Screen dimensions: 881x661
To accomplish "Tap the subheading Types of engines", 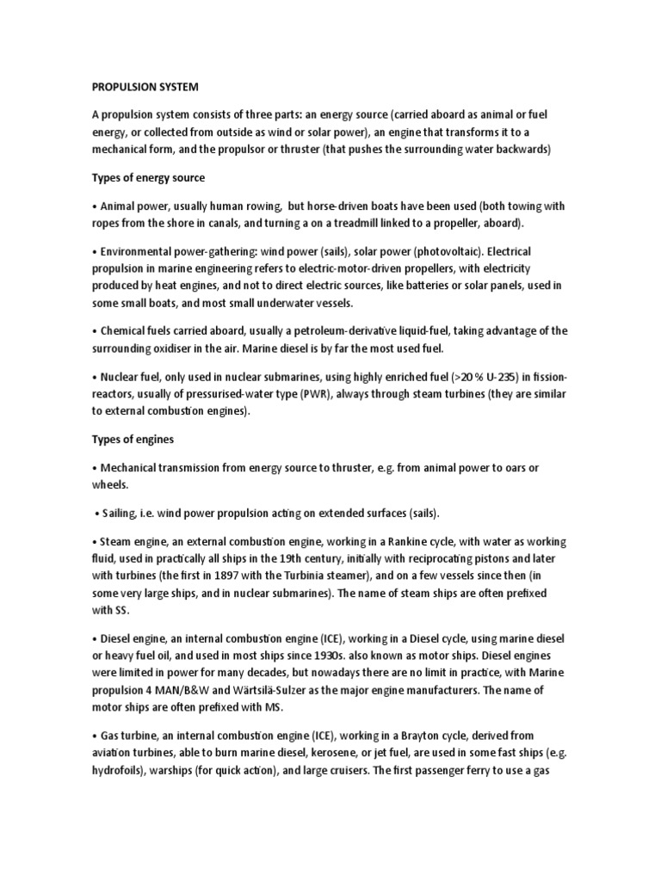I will (x=133, y=439).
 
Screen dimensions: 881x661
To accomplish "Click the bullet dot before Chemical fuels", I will (x=95, y=331).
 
